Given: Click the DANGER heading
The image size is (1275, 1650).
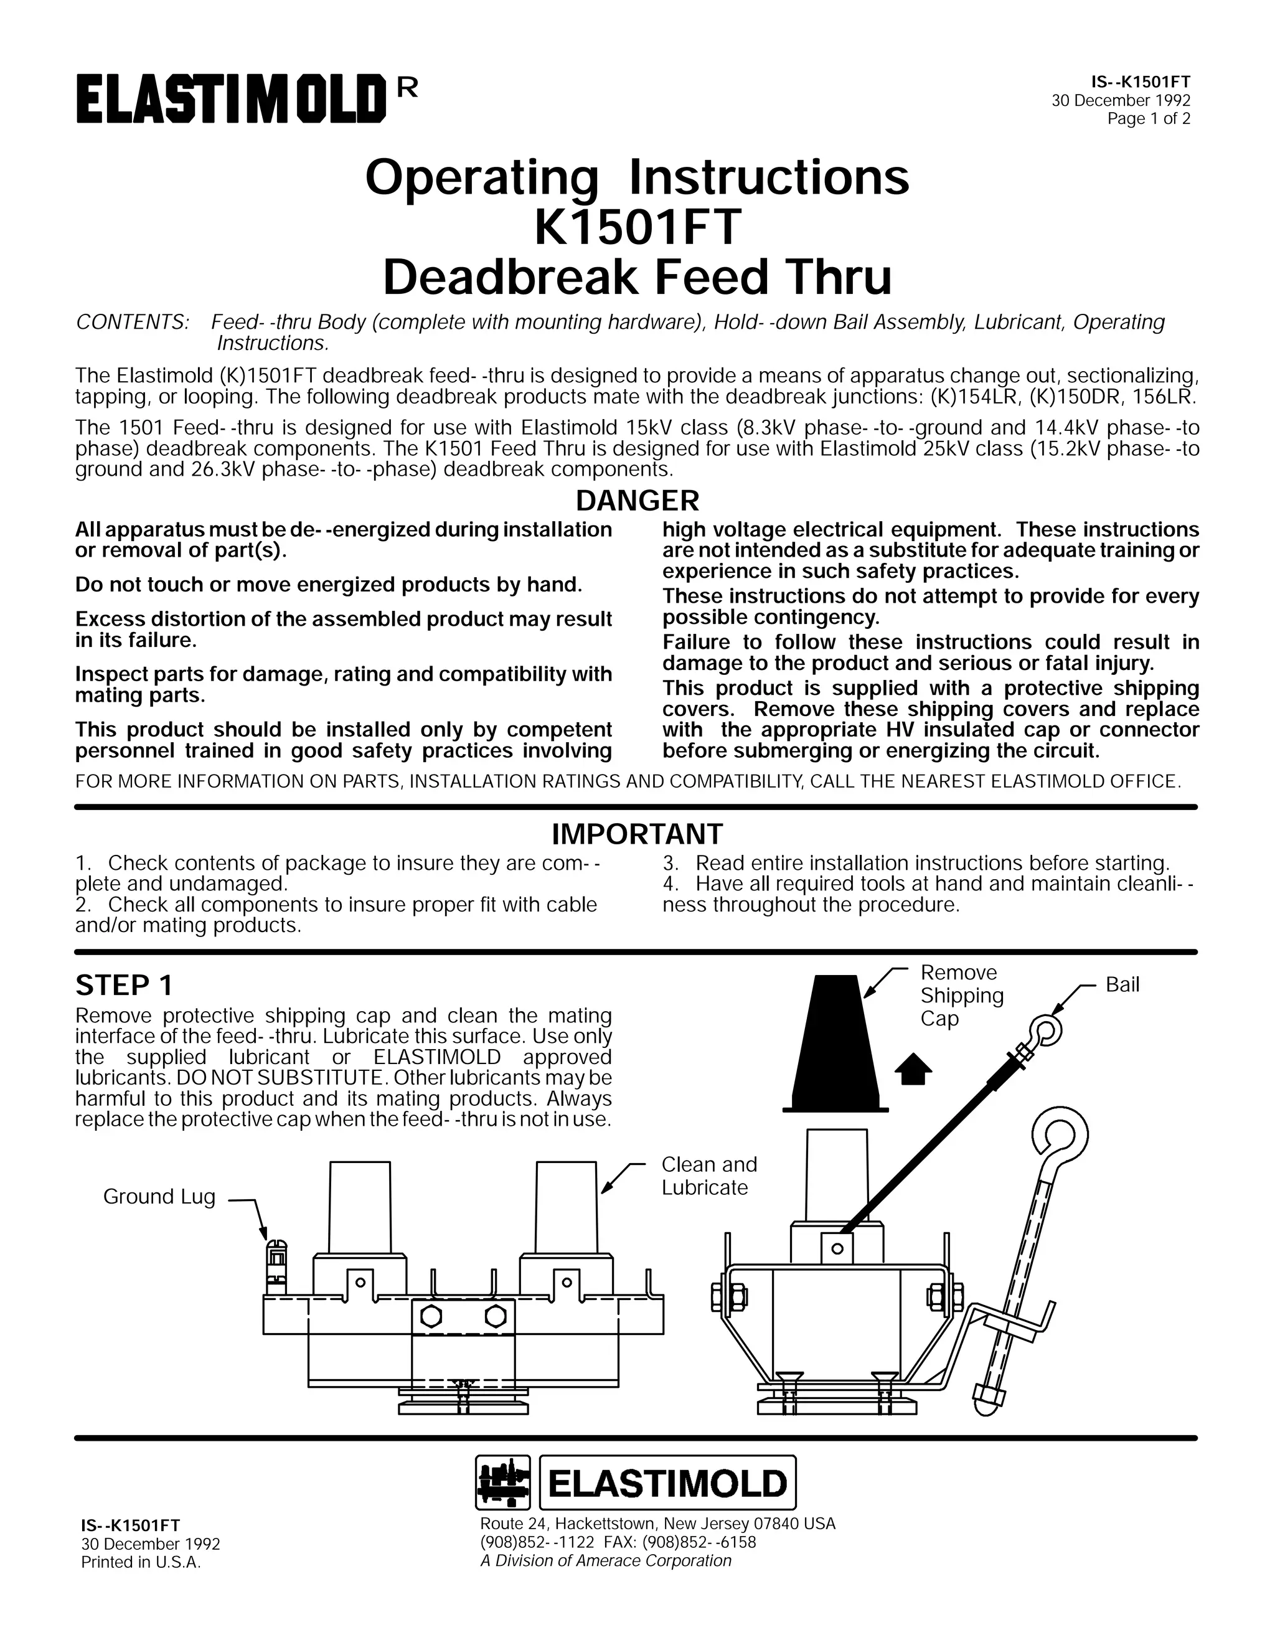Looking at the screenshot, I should (x=637, y=501).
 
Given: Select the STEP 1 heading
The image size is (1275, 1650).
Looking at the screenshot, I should (x=124, y=985).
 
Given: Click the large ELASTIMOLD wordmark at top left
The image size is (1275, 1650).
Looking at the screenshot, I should (x=231, y=103).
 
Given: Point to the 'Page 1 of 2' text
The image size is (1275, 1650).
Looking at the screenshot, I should (x=1148, y=118).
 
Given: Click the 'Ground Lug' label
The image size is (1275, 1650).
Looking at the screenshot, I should (x=159, y=1196).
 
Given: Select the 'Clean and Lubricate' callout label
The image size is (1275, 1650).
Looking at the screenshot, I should (x=708, y=1176).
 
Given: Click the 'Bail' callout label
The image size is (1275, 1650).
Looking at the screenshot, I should (x=1122, y=984).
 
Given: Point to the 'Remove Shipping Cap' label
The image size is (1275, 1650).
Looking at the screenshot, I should (x=961, y=995).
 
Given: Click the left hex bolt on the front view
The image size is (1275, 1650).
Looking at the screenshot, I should (x=431, y=1316).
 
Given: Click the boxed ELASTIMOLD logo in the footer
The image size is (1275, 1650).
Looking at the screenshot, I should (x=668, y=1483).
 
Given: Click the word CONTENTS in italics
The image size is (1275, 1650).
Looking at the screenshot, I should (x=131, y=322).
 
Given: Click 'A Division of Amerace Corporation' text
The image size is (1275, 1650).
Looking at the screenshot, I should (x=606, y=1561).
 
